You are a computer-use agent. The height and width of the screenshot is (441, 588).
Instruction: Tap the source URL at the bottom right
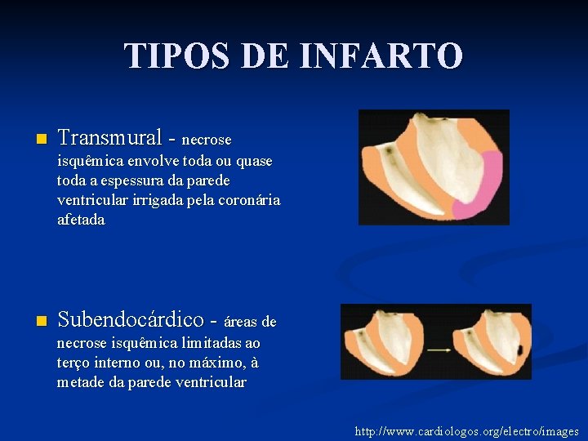(466, 431)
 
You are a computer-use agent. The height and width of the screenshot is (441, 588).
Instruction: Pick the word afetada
(81, 220)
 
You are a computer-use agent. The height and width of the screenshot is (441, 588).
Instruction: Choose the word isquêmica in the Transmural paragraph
(89, 161)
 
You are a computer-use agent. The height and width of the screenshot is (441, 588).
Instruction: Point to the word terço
(76, 363)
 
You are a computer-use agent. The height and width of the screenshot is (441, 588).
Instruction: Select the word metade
(82, 382)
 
